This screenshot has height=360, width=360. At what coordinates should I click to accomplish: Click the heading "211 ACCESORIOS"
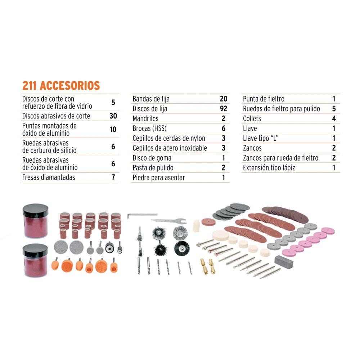(61, 86)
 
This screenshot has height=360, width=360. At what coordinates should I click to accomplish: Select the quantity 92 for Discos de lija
(224, 109)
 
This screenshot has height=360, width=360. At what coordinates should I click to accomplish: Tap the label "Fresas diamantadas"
(49, 177)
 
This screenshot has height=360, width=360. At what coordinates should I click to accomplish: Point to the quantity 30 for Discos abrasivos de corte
(113, 116)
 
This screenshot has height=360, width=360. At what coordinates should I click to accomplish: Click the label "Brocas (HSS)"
(149, 129)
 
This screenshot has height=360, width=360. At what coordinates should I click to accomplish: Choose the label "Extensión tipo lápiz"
(269, 168)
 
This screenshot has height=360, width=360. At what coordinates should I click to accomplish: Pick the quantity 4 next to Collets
(334, 118)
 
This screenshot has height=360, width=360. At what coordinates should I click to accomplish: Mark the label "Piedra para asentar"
(159, 178)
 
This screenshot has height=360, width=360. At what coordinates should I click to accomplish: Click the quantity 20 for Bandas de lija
(224, 99)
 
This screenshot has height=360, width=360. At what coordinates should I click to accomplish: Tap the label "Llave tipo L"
(261, 138)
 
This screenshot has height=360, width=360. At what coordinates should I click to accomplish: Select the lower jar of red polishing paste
(35, 260)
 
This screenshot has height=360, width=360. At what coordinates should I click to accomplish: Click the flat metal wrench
(169, 221)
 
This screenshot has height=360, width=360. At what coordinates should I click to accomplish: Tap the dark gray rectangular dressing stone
(284, 261)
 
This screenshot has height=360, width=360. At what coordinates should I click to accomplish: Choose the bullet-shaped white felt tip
(196, 226)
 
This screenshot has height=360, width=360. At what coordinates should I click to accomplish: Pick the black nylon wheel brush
(181, 248)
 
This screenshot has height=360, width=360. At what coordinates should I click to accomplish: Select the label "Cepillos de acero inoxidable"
(170, 148)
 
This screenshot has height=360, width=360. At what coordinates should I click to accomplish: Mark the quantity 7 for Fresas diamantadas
(113, 177)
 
